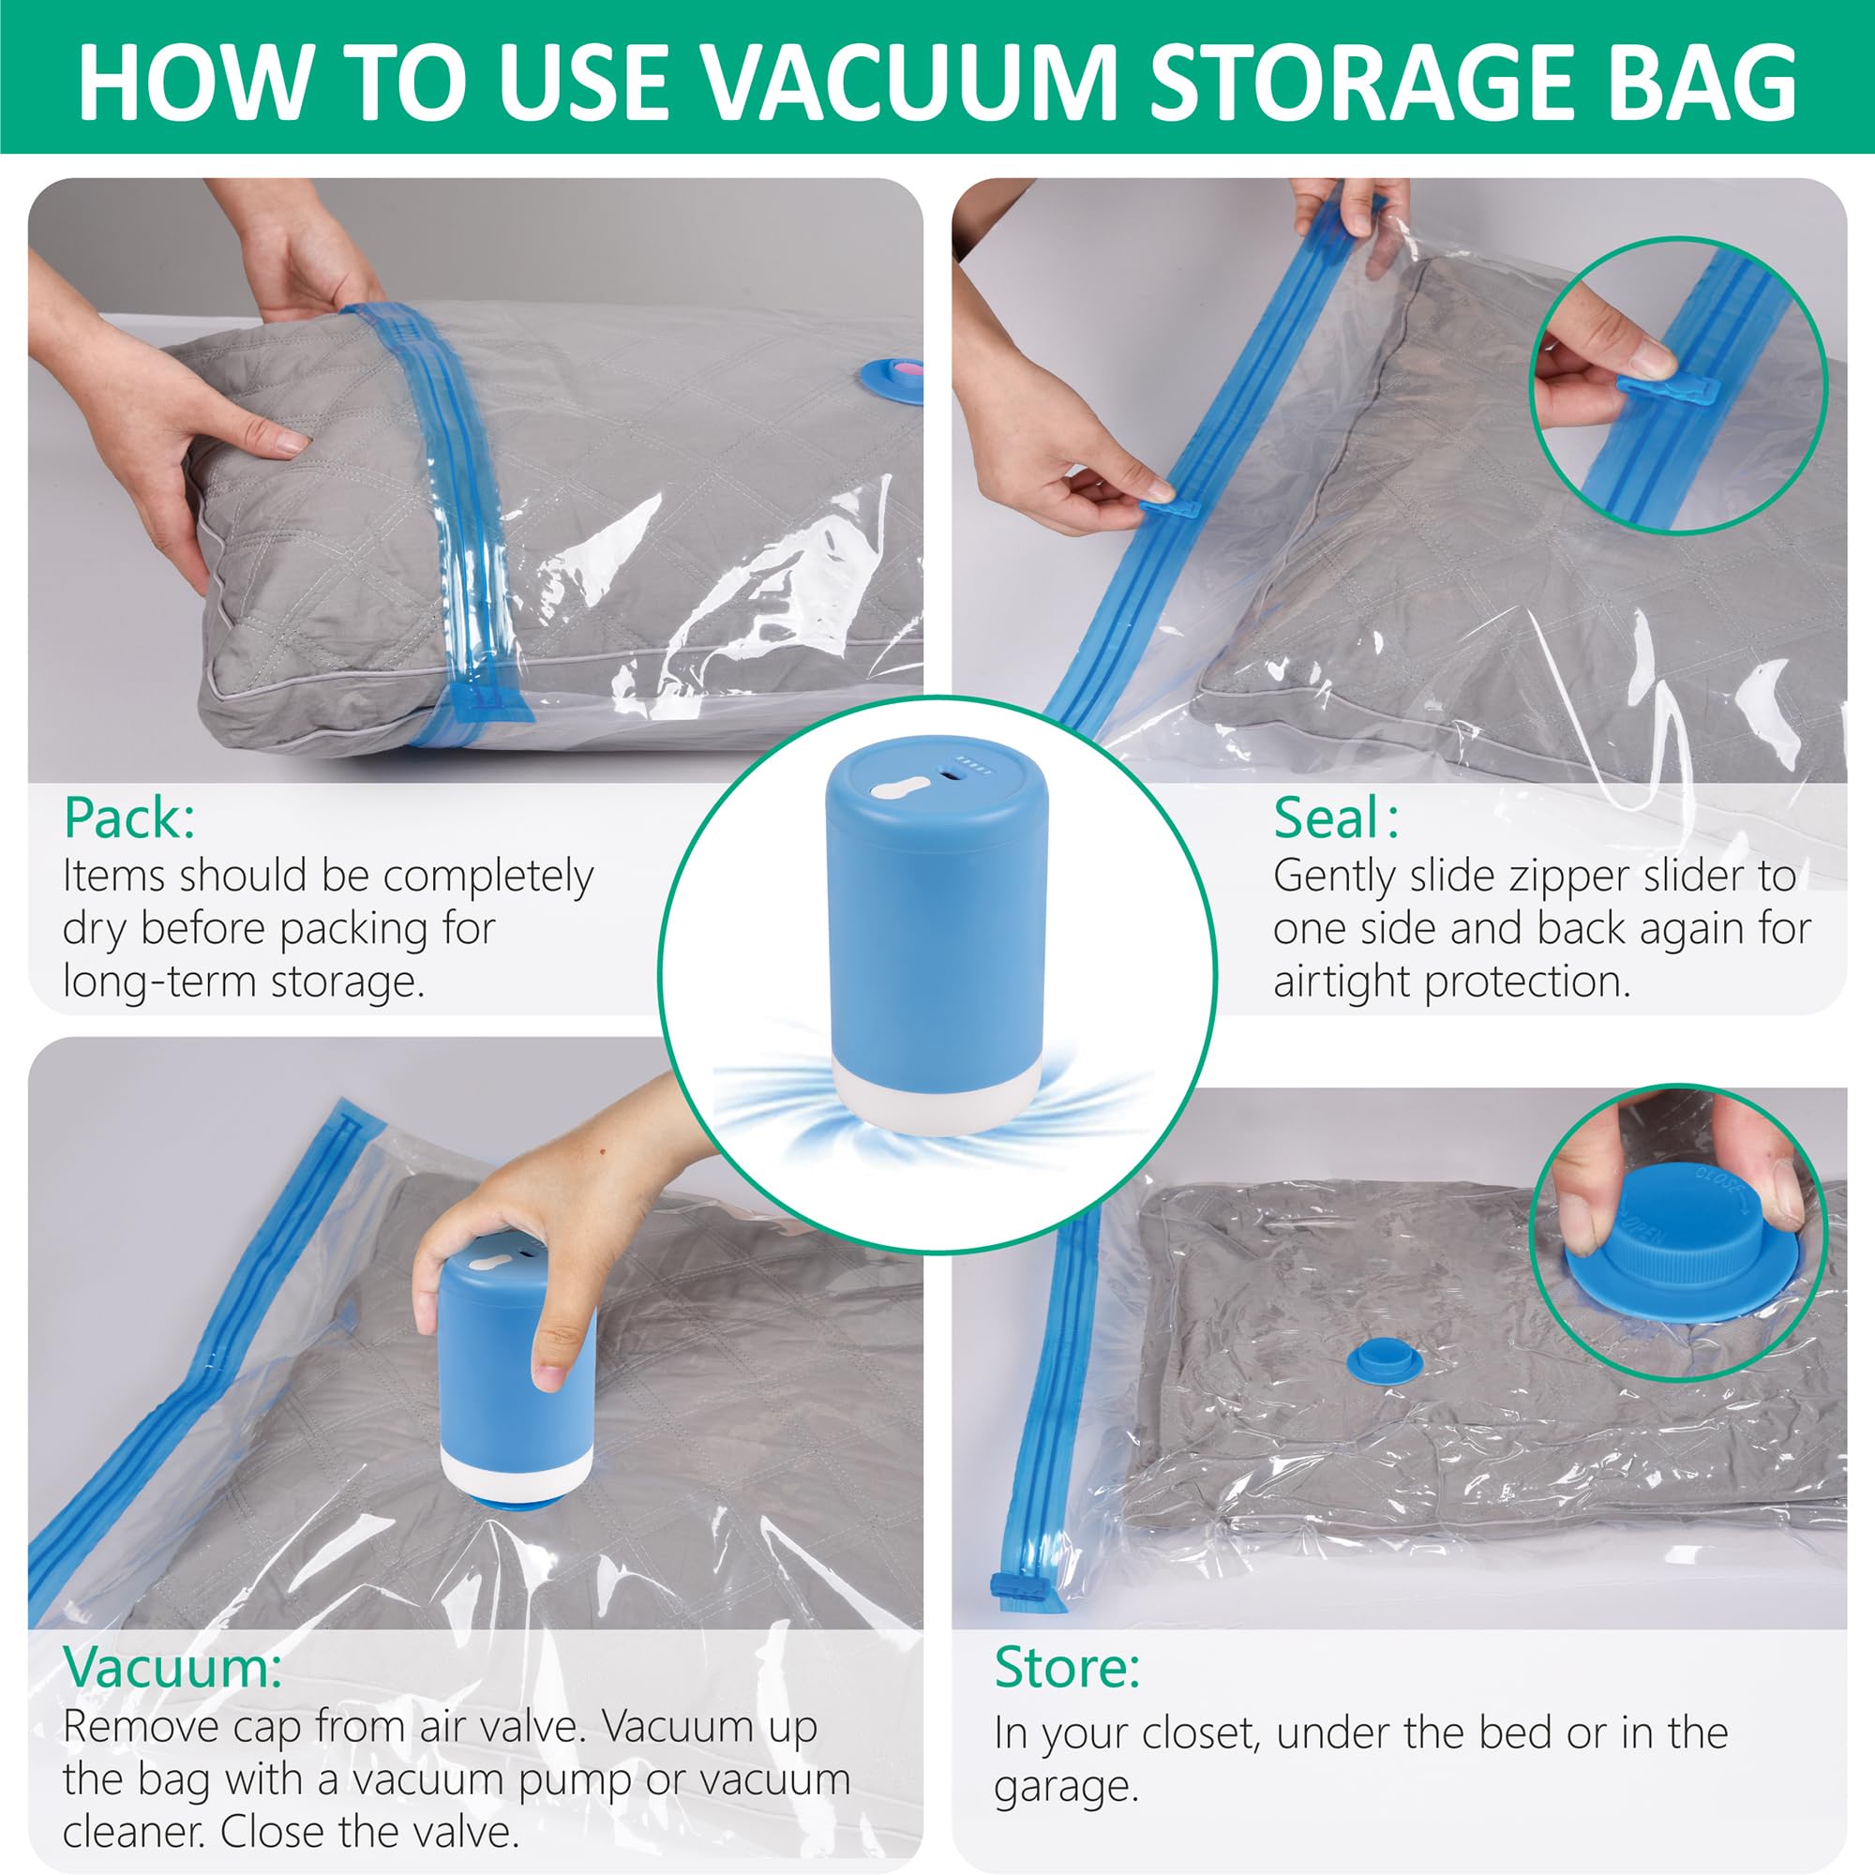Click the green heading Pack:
click(129, 818)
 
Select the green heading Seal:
click(1335, 818)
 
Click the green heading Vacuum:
click(172, 1667)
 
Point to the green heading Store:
click(1067, 1667)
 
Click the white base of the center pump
click(937, 1096)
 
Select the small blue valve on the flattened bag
click(1384, 1360)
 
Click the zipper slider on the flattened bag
click(1014, 1588)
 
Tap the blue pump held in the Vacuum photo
click(515, 1369)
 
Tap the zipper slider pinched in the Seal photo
click(1169, 508)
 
